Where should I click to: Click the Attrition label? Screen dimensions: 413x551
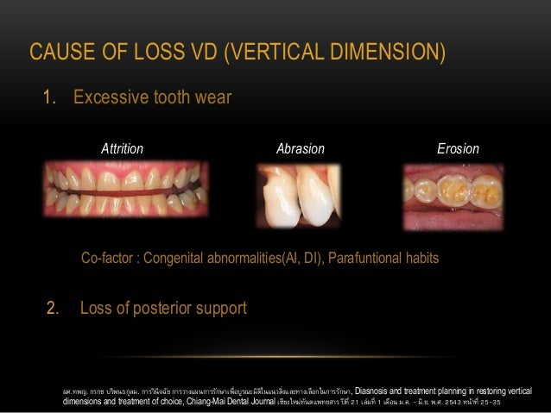point(122,149)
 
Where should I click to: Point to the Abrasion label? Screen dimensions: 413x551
point(300,149)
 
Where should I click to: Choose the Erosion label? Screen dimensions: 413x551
point(458,149)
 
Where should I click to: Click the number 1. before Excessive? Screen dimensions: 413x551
point(50,97)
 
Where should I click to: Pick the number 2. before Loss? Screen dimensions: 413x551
point(52,308)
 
